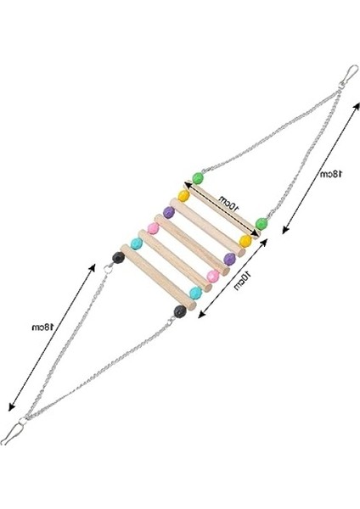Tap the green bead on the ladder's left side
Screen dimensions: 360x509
(x=198, y=178)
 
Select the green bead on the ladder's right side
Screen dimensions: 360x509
(x=262, y=224)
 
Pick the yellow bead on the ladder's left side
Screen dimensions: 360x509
(x=183, y=196)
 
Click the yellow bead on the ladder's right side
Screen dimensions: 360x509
(x=245, y=241)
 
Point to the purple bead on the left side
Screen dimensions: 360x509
(x=169, y=212)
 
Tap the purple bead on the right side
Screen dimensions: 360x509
(x=230, y=259)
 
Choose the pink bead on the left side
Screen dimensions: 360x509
(x=153, y=228)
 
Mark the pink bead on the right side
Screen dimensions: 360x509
(x=213, y=276)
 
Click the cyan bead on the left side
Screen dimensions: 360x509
(x=137, y=243)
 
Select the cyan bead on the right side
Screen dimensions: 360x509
(x=195, y=294)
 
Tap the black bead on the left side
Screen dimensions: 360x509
(x=119, y=258)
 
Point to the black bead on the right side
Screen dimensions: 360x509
(x=180, y=311)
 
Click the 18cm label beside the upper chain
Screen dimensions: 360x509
(x=331, y=174)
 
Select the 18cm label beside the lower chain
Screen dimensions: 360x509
(x=42, y=327)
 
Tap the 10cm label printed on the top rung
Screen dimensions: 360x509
(x=228, y=203)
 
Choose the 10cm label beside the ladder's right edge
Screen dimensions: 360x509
(x=243, y=281)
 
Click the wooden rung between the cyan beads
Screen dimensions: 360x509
(x=158, y=277)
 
